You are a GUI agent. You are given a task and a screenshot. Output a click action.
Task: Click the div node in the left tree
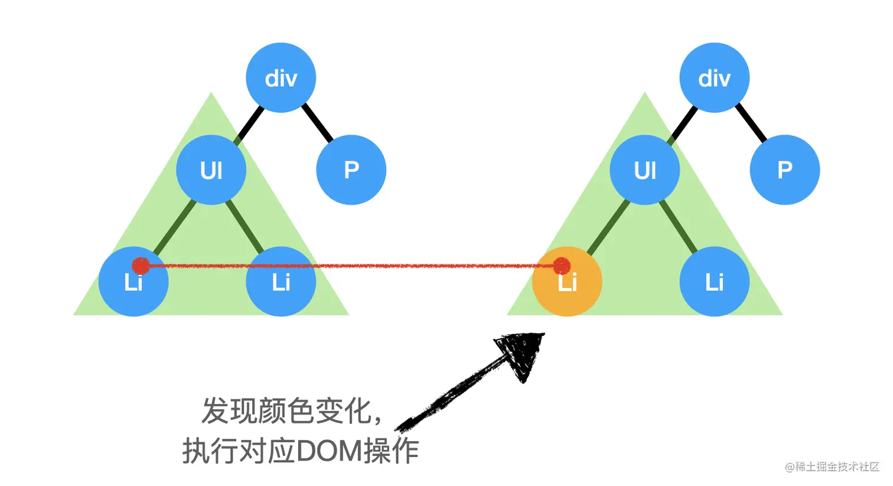tap(281, 77)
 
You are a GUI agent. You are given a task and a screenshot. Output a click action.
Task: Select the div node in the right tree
tap(714, 77)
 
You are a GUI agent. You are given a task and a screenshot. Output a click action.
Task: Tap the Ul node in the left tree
tap(211, 170)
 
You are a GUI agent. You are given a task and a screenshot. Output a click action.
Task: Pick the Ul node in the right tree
tap(644, 170)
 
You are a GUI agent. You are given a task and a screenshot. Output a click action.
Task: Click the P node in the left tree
tap(351, 170)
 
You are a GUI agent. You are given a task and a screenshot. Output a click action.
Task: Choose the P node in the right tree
tap(784, 170)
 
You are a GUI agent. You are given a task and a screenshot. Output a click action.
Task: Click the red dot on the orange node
tap(562, 266)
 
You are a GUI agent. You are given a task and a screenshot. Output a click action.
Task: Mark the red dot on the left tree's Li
tap(141, 266)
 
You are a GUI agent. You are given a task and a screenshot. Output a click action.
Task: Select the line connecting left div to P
tap(318, 123)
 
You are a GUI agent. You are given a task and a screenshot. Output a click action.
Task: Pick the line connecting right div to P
tap(751, 123)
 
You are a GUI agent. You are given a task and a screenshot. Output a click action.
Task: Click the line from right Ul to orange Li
tap(608, 227)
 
